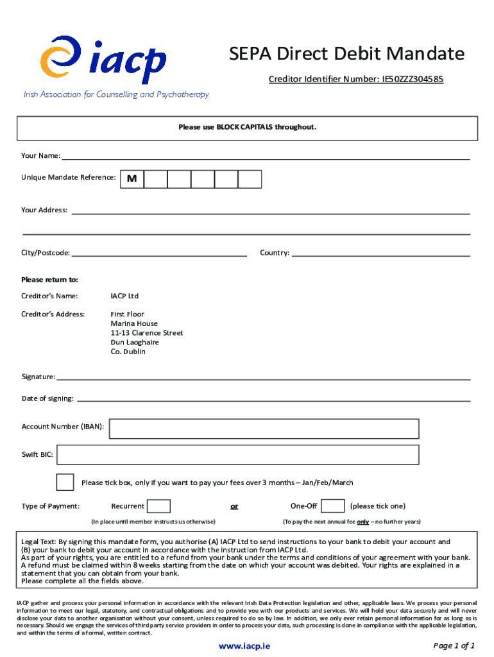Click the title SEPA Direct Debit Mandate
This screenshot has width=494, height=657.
coord(347,54)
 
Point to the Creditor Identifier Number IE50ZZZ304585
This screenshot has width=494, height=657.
coord(355,80)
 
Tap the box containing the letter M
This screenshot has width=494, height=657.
coord(132,179)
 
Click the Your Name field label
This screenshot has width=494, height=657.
coord(40,155)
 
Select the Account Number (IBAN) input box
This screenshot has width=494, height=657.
coord(264,429)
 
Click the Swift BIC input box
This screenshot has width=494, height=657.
coord(237,455)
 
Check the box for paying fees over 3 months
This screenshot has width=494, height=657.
coord(65,482)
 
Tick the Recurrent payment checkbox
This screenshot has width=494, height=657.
coord(159,506)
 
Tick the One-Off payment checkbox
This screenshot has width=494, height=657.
coord(332,506)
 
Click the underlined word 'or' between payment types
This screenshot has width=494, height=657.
coord(234,506)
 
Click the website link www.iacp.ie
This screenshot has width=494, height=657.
coord(244,646)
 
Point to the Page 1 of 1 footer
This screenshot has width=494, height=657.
coord(454,645)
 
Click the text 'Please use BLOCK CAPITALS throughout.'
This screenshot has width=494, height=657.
coord(247,127)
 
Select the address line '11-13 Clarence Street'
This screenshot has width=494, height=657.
coord(146,333)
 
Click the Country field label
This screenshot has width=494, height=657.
coord(274,253)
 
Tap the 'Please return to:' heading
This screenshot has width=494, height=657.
coord(49,280)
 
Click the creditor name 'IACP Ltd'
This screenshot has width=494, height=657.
coord(124,296)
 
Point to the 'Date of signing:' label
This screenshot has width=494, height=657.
coord(47,398)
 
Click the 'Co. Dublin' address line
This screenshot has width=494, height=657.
coord(128,352)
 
